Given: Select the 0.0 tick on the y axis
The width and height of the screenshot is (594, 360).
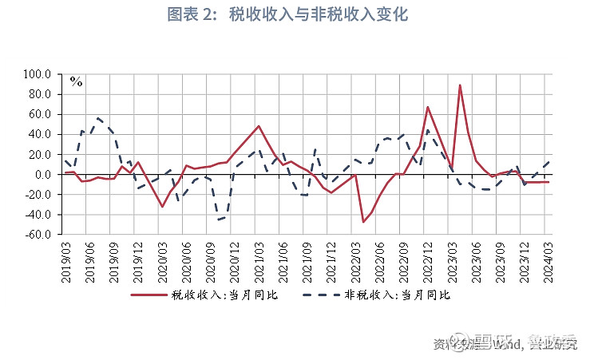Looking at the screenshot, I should pos(43,175).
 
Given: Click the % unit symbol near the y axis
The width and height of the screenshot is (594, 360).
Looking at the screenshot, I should pos(77,81).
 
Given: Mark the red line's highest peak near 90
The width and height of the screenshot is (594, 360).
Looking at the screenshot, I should pos(460,85).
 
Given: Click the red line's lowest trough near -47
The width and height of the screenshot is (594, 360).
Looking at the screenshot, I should pos(363,222).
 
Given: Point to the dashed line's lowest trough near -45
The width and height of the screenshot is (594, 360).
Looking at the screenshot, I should pos(218,220).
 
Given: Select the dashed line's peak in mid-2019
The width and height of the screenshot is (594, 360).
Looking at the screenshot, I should pos(98,118).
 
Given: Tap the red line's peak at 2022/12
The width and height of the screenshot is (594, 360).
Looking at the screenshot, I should pos(427,107).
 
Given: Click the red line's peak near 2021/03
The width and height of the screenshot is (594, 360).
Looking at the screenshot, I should pos(259,126).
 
